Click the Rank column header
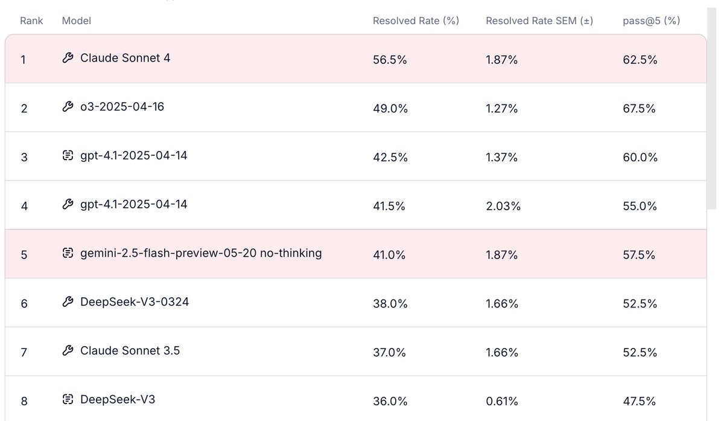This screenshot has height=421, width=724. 31,21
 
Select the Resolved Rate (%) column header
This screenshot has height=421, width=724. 416,21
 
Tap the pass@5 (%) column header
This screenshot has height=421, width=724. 651,21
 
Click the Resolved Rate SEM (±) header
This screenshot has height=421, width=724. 539,21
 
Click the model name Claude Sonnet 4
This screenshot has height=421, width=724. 125,59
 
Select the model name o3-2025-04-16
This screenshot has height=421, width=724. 122,107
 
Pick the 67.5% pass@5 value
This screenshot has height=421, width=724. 640,109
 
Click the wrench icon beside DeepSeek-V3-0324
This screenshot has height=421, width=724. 68,302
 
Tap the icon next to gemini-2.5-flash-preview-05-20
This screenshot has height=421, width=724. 68,254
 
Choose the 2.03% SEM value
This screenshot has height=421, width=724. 503,207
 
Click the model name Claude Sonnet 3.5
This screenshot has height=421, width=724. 130,351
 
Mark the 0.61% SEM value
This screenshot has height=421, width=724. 502,401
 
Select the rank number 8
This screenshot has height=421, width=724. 24,401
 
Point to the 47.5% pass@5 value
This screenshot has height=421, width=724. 640,401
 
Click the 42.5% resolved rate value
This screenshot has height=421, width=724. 390,158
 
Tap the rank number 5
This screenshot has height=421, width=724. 24,255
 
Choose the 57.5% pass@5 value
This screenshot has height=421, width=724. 640,255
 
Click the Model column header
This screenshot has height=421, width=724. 77,21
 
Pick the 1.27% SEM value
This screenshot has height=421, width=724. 502,109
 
